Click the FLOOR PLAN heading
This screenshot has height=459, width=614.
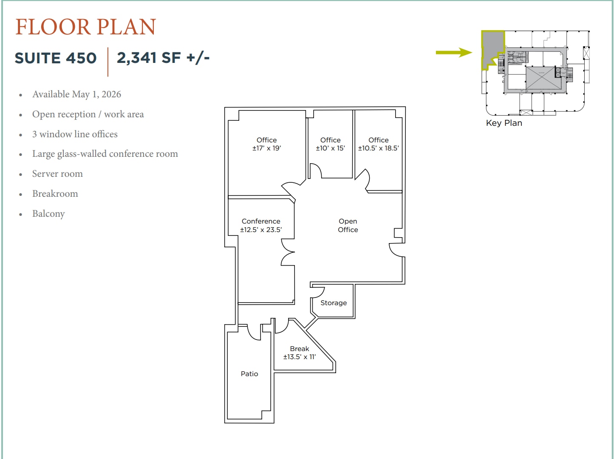click(85, 27)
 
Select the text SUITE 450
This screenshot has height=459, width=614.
click(56, 58)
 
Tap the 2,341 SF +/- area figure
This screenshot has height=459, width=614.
click(163, 58)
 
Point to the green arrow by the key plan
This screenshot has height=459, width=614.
click(454, 52)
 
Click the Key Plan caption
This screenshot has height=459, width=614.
click(504, 123)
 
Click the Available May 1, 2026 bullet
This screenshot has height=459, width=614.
click(76, 94)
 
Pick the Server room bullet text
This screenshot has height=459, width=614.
click(57, 174)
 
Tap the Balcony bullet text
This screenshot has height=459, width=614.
click(48, 214)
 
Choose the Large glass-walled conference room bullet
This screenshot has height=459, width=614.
click(105, 154)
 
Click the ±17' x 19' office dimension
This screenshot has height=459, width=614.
click(266, 148)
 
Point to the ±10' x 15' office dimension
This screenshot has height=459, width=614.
click(330, 148)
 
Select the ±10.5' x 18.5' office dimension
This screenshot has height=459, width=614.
click(379, 148)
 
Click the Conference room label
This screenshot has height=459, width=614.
click(261, 221)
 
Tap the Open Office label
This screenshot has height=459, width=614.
click(348, 225)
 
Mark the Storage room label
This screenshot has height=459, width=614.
click(334, 303)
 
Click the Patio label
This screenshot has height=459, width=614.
click(249, 374)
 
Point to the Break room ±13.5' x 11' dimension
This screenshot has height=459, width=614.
click(299, 357)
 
